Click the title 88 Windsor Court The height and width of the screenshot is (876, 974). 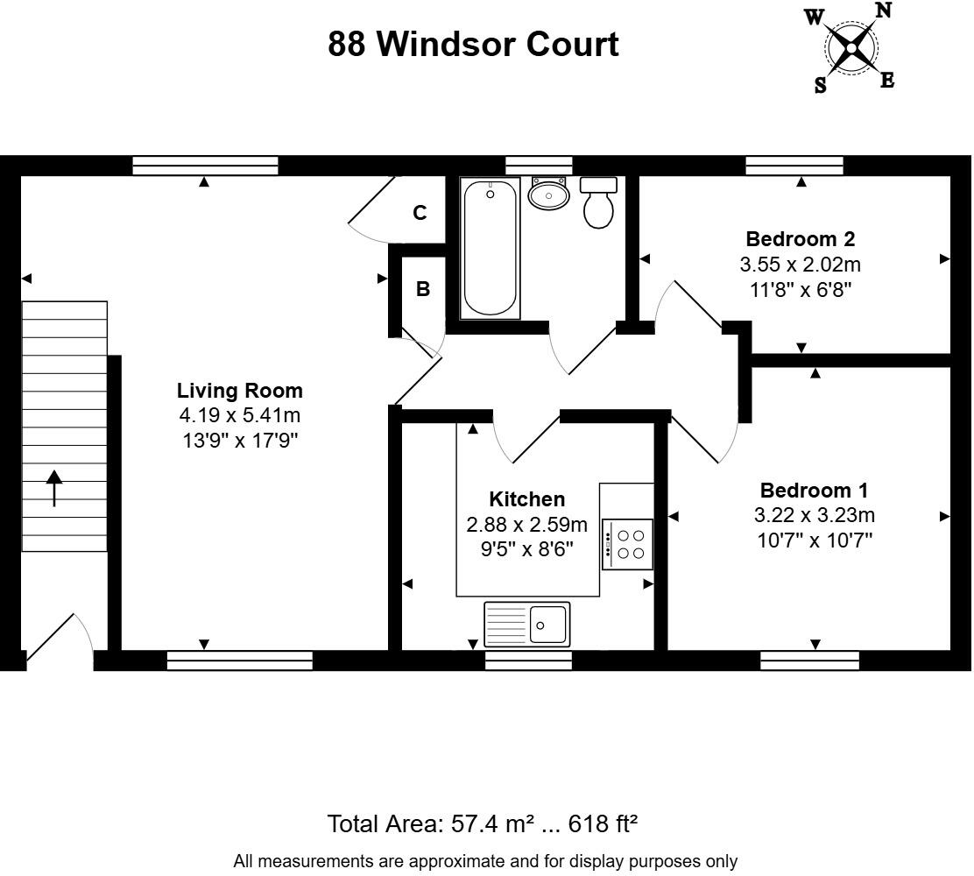[473, 44]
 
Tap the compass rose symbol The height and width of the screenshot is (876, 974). [850, 47]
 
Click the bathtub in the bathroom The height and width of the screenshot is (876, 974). [490, 248]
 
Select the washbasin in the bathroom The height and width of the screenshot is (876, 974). [549, 194]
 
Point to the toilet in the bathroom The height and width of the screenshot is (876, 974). [598, 203]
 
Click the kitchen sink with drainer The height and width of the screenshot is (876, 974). [526, 624]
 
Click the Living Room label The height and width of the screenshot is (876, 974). [239, 391]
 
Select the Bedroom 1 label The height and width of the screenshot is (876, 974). [814, 491]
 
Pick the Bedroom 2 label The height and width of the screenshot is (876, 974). [800, 239]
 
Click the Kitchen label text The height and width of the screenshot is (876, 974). [526, 499]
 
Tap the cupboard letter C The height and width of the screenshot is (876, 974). [420, 213]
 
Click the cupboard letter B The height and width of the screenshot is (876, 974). [423, 289]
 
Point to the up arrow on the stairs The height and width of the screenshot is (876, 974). [54, 488]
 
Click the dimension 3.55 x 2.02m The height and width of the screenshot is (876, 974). [800, 264]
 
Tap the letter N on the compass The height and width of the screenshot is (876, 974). [883, 11]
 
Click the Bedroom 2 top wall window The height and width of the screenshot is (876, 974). [794, 166]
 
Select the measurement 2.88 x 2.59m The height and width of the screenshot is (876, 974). [526, 525]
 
